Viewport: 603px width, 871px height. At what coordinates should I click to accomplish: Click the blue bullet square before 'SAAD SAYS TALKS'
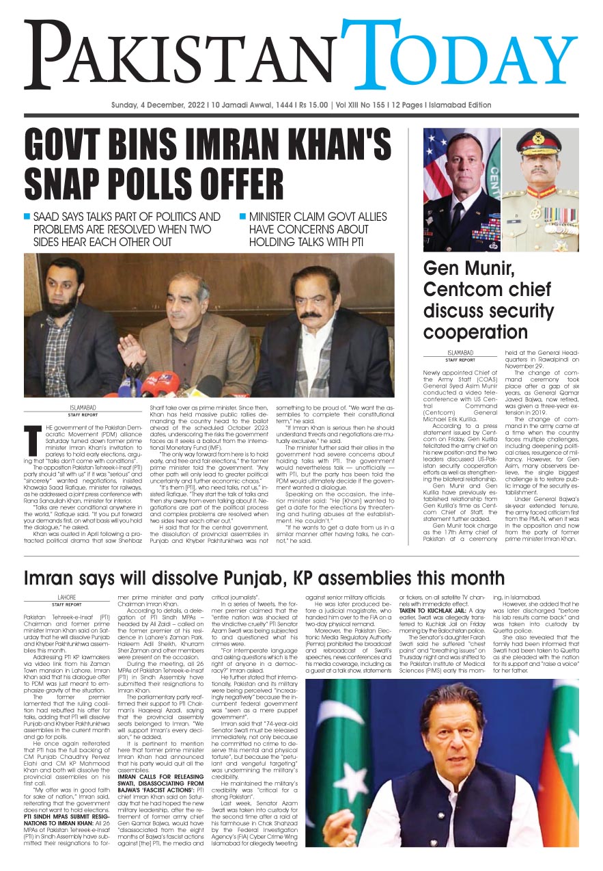pyautogui.click(x=27, y=217)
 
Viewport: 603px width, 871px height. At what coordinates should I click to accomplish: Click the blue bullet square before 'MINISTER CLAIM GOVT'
pyautogui.click(x=242, y=217)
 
